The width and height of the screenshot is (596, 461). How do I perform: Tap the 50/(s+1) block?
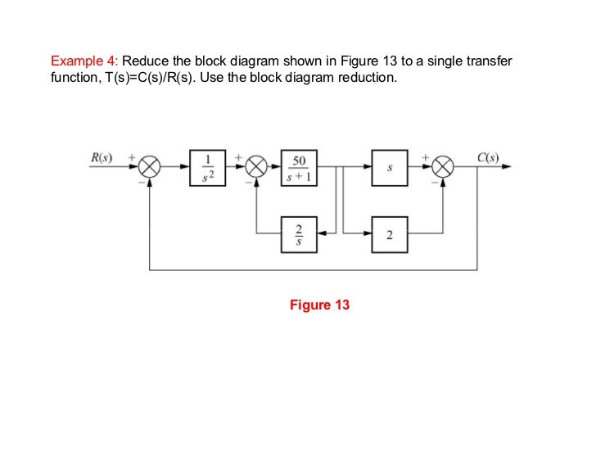[x=298, y=166]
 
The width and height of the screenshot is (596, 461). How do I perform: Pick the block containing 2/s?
[x=298, y=235]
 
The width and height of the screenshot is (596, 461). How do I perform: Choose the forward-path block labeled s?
[x=390, y=166]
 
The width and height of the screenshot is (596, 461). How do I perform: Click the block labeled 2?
[x=390, y=235]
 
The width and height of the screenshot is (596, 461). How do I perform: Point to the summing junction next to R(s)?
[x=149, y=167]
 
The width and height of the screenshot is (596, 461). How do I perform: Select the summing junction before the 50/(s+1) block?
[x=258, y=167]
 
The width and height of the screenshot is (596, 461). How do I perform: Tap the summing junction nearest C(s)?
[x=444, y=167]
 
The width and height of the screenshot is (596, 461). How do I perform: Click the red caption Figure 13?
[x=319, y=305]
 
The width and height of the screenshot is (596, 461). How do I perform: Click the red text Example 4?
[x=84, y=61]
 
